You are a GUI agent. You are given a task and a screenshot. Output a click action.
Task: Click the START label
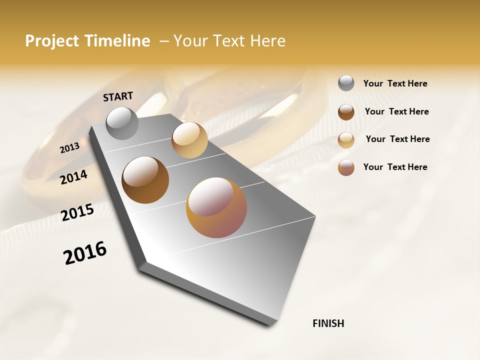tap(118, 96)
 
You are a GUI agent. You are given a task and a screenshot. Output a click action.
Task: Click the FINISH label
tap(328, 323)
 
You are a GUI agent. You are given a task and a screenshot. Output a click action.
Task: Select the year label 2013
tap(70, 148)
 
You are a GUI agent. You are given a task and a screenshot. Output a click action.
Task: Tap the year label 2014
tap(74, 177)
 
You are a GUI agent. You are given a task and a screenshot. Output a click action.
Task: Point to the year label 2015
tap(77, 212)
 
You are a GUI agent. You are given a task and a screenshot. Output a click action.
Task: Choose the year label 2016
tap(85, 253)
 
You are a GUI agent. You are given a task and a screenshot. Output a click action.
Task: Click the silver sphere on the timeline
tap(122, 123)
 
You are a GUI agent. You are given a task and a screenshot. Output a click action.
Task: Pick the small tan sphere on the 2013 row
tap(189, 139)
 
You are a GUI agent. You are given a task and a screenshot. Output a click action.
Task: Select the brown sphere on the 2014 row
tap(145, 180)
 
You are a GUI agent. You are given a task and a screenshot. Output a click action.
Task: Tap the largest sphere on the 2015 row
tap(216, 207)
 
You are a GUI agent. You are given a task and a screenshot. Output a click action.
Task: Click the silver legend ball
tap(346, 83)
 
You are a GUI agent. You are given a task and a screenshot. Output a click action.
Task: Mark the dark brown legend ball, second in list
tap(346, 112)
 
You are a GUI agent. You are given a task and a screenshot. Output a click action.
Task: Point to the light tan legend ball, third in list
tap(346, 140)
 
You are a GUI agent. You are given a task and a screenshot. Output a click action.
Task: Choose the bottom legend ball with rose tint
tap(346, 167)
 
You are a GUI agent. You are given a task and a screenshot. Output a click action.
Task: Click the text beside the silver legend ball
tap(395, 83)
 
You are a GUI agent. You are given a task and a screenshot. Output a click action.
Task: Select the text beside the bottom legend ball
tap(395, 167)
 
